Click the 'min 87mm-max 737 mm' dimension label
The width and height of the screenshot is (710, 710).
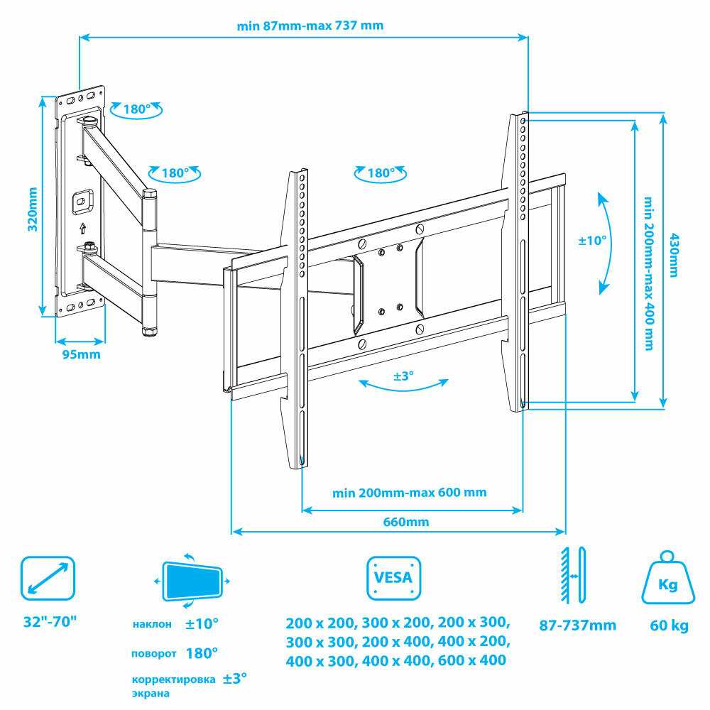click(310, 26)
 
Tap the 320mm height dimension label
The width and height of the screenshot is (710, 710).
click(33, 209)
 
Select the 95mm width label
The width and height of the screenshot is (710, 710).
click(81, 354)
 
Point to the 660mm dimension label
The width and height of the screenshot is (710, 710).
click(405, 522)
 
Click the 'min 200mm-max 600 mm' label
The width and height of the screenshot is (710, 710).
click(410, 492)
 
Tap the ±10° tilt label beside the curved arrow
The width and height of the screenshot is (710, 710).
click(592, 240)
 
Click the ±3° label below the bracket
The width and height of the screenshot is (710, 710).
click(403, 376)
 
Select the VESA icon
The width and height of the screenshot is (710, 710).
click(393, 578)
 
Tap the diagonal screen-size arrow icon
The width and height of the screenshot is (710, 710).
click(48, 578)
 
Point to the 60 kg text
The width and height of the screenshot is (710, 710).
click(670, 626)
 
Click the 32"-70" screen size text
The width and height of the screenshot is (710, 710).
click(50, 622)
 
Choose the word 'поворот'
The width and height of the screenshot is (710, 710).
click(153, 654)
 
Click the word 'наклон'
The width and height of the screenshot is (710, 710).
click(152, 624)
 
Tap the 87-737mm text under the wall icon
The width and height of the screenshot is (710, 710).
click(577, 626)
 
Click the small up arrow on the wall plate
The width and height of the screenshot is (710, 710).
click(82, 228)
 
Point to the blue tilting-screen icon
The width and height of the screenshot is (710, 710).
click(192, 581)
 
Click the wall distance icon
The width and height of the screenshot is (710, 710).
click(574, 575)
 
